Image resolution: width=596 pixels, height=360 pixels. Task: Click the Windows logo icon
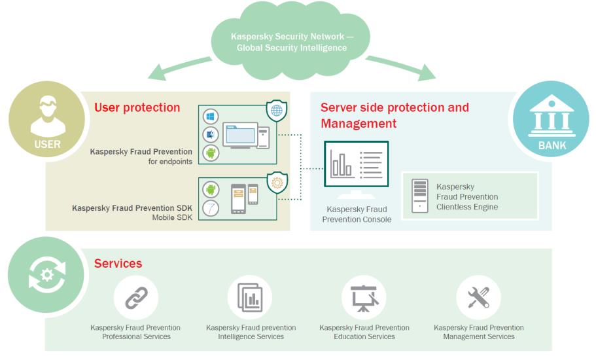pos(211,117)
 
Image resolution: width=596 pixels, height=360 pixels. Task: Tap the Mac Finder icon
pos(211,135)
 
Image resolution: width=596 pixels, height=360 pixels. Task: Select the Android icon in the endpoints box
pos(211,153)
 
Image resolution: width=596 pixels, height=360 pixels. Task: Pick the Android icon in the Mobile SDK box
pos(211,189)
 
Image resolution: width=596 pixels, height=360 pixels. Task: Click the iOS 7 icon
pos(211,208)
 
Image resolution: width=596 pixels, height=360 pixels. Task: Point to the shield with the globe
pos(277,111)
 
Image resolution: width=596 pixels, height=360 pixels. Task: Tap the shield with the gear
pos(277,183)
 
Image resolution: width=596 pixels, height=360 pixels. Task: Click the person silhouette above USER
pos(48,116)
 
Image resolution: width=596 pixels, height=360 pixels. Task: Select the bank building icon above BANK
pos(552,116)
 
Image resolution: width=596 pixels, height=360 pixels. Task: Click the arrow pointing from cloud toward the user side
pos(179,67)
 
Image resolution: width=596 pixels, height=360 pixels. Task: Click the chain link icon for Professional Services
pos(136,298)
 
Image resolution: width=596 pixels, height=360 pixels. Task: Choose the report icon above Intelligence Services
pos(250,297)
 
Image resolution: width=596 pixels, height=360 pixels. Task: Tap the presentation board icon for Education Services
pos(364,298)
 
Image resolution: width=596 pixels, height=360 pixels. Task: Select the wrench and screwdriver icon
pos(478,297)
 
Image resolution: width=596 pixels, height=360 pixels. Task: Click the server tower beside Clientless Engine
pos(419,196)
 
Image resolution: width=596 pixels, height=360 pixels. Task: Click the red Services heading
pos(118,263)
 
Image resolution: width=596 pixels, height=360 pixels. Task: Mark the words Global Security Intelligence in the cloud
pos(292,48)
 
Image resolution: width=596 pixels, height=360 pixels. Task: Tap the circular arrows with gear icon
pos(47,275)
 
